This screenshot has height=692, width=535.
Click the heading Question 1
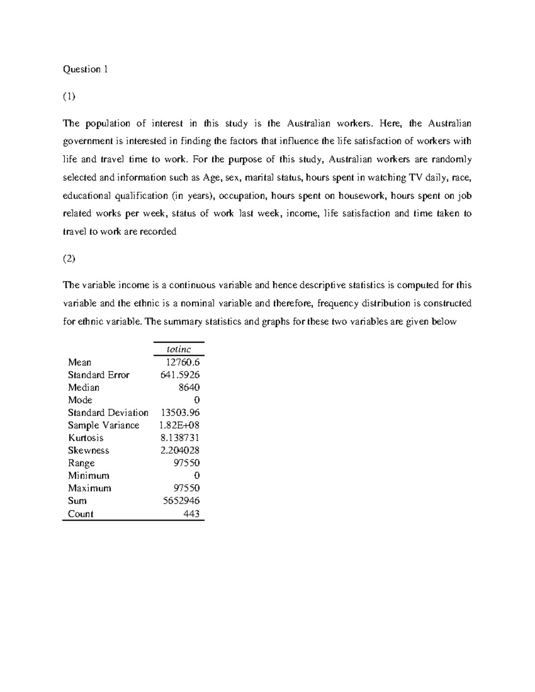(85, 69)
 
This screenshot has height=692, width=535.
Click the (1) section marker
(69, 96)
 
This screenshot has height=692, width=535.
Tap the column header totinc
(178, 349)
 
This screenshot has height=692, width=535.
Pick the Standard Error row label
(99, 375)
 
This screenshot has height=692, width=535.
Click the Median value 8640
(189, 387)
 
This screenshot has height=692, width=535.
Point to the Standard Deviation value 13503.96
(180, 413)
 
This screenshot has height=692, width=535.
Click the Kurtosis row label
(86, 438)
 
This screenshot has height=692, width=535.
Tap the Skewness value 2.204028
(180, 450)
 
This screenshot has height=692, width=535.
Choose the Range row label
(81, 463)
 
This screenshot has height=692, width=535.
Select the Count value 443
(191, 514)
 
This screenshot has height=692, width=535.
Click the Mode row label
(80, 400)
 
